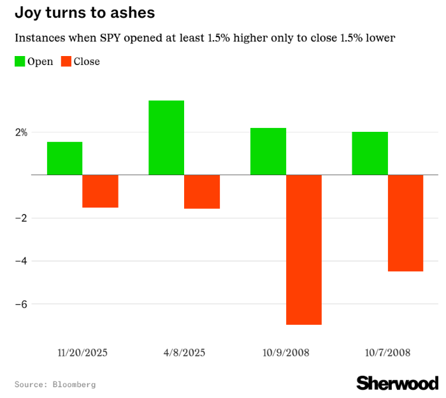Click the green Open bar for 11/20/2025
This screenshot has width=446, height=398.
(x=64, y=158)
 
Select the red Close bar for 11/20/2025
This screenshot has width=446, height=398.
(x=100, y=191)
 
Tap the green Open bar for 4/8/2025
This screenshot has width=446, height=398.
(x=166, y=138)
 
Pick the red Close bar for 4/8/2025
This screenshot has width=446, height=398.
(x=202, y=192)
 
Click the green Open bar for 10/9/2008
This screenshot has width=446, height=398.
(x=268, y=151)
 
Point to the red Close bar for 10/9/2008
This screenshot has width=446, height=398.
(x=304, y=250)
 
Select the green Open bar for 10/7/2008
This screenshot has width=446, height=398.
(x=370, y=153)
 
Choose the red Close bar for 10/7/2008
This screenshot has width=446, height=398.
(x=405, y=223)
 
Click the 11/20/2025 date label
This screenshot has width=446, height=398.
(x=82, y=352)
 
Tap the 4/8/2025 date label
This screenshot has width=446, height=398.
(x=184, y=352)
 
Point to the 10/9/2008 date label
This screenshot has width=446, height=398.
(x=286, y=352)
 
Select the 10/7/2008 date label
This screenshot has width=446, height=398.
(x=387, y=352)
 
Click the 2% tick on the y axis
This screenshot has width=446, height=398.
(x=22, y=132)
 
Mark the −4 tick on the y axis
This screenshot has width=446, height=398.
(x=21, y=261)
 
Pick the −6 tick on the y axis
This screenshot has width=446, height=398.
(x=21, y=304)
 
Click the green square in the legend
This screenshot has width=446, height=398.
(x=20, y=62)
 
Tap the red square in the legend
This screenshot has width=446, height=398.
(x=66, y=62)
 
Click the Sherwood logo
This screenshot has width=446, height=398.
(x=397, y=383)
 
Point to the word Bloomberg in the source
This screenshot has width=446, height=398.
(x=74, y=385)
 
